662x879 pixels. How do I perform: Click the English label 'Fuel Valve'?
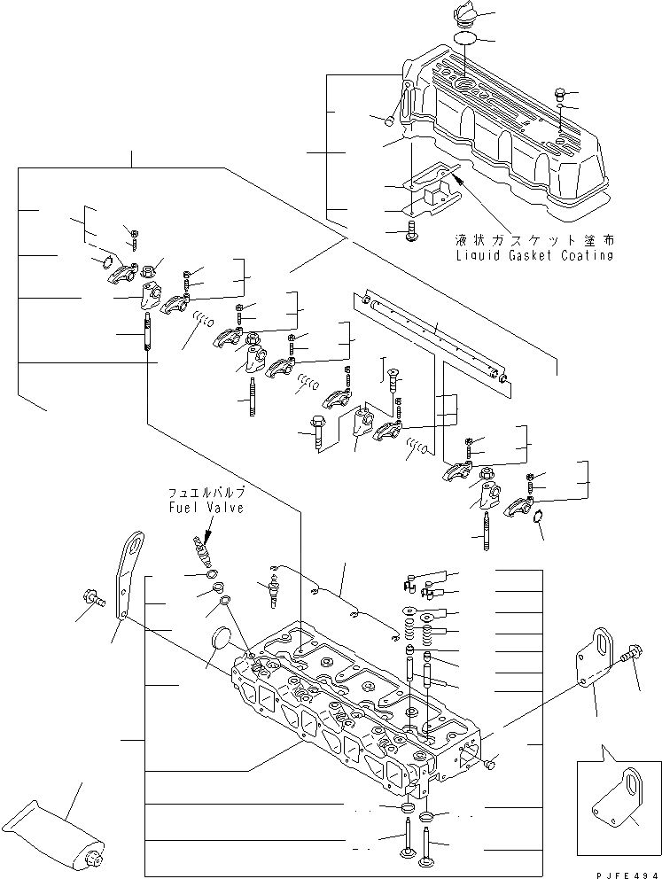206,508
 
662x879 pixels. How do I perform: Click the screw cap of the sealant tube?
92,857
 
